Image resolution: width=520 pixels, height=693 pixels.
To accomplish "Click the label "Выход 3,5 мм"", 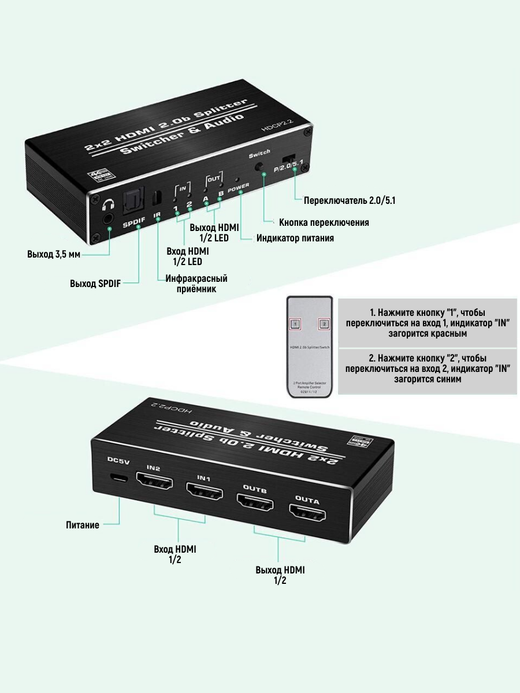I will pos(54,254).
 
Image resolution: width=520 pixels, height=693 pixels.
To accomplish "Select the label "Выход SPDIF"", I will pos(95,284).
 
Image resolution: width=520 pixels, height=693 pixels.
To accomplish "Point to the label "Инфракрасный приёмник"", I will pos(196,284).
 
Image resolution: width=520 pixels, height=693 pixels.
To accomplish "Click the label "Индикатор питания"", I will pos(295,238).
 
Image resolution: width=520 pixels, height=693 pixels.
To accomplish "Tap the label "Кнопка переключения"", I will pos(324,222).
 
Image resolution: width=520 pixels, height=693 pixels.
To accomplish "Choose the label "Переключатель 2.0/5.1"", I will pos(349,200).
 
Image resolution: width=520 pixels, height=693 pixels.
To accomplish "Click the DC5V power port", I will pos(120,479).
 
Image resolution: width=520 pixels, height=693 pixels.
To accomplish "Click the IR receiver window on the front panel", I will pos(155,198).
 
